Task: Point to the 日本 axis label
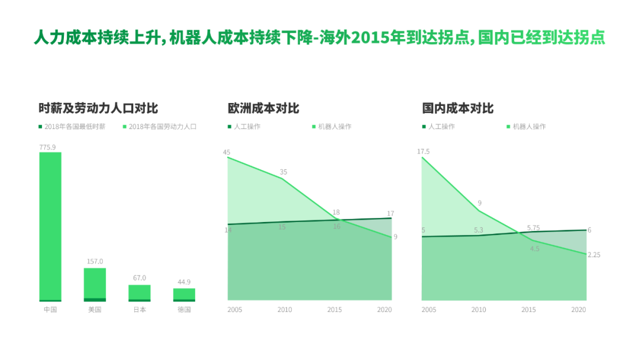click(140, 310)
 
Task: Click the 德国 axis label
click(184, 310)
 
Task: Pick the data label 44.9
click(184, 282)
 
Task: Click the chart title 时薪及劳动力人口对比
click(98, 108)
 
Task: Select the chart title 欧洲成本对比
click(263, 108)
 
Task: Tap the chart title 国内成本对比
click(457, 108)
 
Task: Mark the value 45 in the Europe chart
click(227, 152)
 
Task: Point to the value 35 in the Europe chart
click(283, 172)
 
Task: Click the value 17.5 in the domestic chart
click(424, 152)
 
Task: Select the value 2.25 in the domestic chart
click(594, 255)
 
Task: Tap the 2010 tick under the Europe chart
click(285, 310)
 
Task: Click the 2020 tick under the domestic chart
click(579, 310)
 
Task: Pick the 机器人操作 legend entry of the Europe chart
click(334, 127)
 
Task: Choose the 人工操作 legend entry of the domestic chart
click(441, 127)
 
